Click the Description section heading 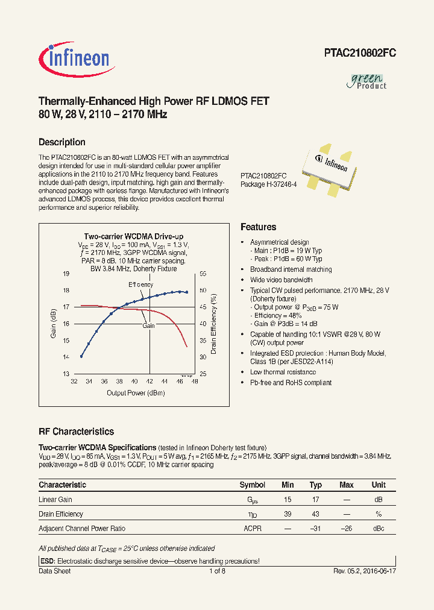pyautogui.click(x=61, y=142)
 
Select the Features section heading pyautogui.click(x=258, y=227)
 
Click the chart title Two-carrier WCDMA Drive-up pyautogui.click(x=133, y=237)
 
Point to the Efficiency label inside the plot pyautogui.click(x=140, y=285)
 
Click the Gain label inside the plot pyautogui.click(x=148, y=325)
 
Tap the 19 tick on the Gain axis pyautogui.click(x=66, y=274)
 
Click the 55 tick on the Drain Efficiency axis pyautogui.click(x=203, y=274)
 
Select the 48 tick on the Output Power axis pyautogui.click(x=195, y=382)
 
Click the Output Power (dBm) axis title pyautogui.click(x=136, y=393)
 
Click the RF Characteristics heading pyautogui.click(x=76, y=432)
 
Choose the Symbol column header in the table pyautogui.click(x=252, y=485)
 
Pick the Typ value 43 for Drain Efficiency pyautogui.click(x=315, y=514)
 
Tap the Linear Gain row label pyautogui.click(x=55, y=500)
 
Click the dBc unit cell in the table pyautogui.click(x=379, y=529)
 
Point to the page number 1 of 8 pyautogui.click(x=217, y=571)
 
